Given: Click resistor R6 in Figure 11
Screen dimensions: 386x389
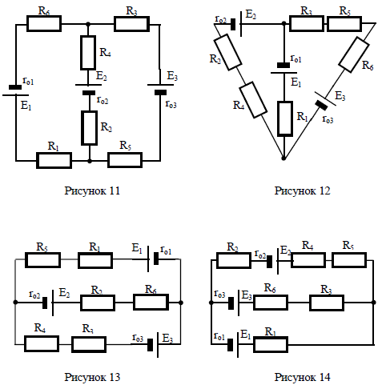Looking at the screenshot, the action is tap(44, 24).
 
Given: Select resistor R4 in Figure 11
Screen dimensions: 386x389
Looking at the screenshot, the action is tap(88, 53).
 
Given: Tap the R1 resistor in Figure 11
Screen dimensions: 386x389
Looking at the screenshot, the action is tap(54, 160).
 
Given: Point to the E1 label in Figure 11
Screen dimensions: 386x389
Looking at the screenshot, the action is tap(26, 106).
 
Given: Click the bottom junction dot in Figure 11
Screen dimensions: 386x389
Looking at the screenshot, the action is tap(90, 161).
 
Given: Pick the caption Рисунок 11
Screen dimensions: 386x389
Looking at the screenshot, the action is tap(92, 190).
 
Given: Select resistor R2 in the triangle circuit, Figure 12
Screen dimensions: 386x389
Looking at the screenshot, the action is tap(228, 52).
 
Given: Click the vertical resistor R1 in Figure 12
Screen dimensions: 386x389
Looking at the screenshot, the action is tap(285, 118).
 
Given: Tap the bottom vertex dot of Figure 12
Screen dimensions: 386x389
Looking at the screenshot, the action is tap(283, 158).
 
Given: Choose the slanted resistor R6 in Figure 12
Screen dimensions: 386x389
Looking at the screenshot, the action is tap(354, 54).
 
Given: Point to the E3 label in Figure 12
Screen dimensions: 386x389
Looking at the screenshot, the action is tap(340, 96).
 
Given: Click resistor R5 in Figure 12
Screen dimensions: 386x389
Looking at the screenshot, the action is tap(344, 24).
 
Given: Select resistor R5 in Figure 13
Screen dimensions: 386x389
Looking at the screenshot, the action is tap(42, 260).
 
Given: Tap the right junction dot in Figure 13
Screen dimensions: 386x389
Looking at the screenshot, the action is tap(181, 303).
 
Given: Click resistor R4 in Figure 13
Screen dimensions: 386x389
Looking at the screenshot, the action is tap(42, 344).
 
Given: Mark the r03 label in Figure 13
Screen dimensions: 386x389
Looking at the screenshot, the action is tap(138, 338).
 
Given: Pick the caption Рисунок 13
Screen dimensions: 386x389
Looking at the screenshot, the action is tap(92, 377).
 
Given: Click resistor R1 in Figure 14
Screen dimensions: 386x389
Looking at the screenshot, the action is tap(271, 345).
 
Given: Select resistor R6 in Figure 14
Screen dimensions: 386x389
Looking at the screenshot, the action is tap(271, 303).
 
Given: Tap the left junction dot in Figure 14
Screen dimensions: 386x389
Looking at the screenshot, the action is tap(211, 303).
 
